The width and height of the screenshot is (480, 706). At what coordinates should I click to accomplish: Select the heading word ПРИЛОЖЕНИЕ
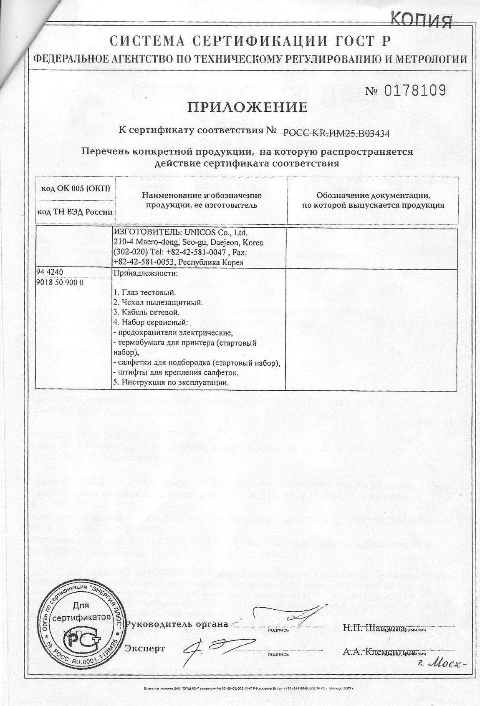coord(247,108)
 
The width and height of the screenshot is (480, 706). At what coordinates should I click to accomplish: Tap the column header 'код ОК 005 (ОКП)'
coord(76,188)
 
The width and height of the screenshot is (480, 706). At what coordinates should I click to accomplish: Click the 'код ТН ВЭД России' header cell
coord(75,212)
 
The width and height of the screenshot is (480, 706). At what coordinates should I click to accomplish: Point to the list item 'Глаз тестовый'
coord(141,292)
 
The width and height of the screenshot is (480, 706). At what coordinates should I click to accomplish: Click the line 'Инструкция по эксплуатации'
coord(171,382)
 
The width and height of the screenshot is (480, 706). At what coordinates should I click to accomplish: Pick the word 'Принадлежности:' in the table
coord(146,274)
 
